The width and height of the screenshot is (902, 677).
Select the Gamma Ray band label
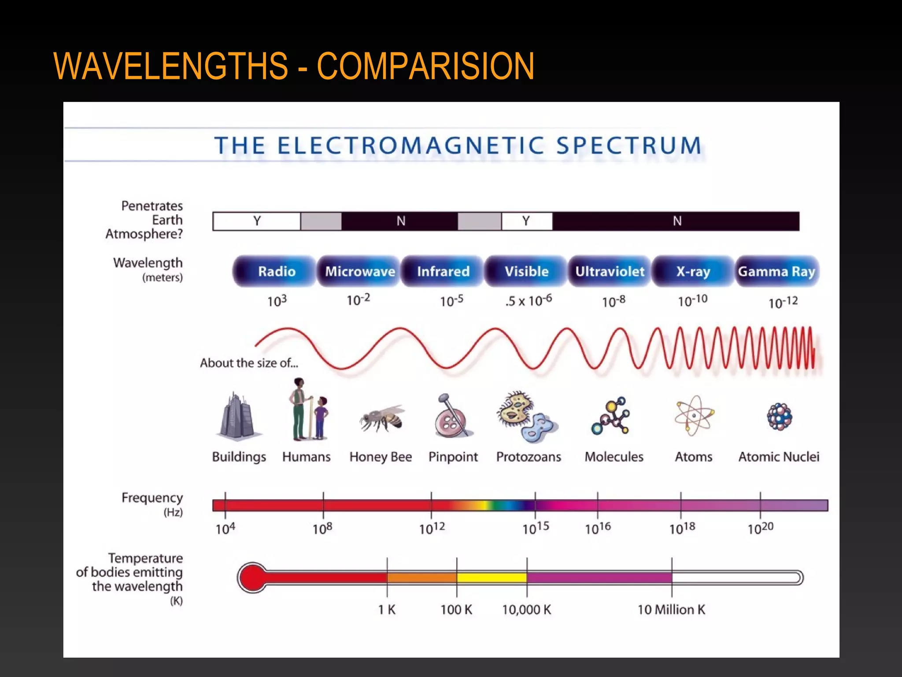click(777, 271)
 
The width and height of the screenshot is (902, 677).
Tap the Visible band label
click(526, 271)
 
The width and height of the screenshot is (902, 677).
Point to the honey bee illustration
click(381, 418)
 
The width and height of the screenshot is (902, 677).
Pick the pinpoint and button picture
click(452, 416)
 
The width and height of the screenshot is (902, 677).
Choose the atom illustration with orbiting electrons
click(694, 416)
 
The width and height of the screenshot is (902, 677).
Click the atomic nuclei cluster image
click(779, 417)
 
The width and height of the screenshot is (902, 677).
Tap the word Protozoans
click(529, 457)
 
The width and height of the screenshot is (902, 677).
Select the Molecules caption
click(614, 457)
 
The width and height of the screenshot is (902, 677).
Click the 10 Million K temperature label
click(671, 610)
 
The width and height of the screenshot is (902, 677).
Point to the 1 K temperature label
click(387, 610)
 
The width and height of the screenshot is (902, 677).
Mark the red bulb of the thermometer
click(252, 577)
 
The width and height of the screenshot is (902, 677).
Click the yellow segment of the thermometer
click(492, 577)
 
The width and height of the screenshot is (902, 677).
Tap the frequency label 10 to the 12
click(432, 528)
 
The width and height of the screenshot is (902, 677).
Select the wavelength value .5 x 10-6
click(529, 301)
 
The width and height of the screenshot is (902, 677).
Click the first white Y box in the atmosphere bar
click(257, 221)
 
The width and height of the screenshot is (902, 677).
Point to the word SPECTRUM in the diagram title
click(628, 145)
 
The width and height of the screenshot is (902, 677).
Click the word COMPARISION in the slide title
click(425, 66)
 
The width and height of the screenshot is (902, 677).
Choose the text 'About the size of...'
click(249, 363)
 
